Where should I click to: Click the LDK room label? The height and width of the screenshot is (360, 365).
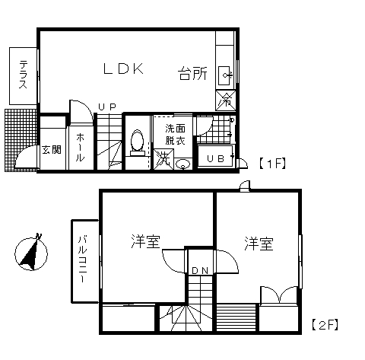click(123, 68)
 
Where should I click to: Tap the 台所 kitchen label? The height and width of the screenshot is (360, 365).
click(192, 74)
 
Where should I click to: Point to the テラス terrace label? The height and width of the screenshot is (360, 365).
click(24, 74)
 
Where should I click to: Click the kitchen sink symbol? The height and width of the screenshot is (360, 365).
click(225, 75)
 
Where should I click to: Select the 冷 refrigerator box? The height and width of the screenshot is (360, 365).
click(226, 100)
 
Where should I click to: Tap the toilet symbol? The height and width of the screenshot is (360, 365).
click(137, 142)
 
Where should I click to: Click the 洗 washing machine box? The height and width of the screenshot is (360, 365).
click(163, 159)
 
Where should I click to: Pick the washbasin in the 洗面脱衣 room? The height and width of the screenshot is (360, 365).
click(182, 164)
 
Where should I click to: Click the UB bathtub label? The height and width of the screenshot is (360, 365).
click(216, 159)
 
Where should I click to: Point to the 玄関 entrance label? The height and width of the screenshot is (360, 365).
click(52, 150)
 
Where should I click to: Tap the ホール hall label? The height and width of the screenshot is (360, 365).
click(80, 148)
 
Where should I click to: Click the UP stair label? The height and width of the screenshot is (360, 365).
click(107, 107)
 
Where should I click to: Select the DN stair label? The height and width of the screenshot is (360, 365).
click(200, 271)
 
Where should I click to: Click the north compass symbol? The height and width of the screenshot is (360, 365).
click(31, 253)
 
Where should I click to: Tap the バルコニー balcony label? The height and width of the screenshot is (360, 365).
click(83, 259)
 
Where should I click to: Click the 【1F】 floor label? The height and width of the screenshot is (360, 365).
click(272, 164)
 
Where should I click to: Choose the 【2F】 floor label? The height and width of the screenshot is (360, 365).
click(325, 325)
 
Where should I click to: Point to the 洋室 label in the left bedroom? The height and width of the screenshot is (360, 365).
click(145, 241)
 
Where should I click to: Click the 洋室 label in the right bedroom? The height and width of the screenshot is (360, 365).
click(259, 244)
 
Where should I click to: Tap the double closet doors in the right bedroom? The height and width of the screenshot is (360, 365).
click(279, 295)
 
